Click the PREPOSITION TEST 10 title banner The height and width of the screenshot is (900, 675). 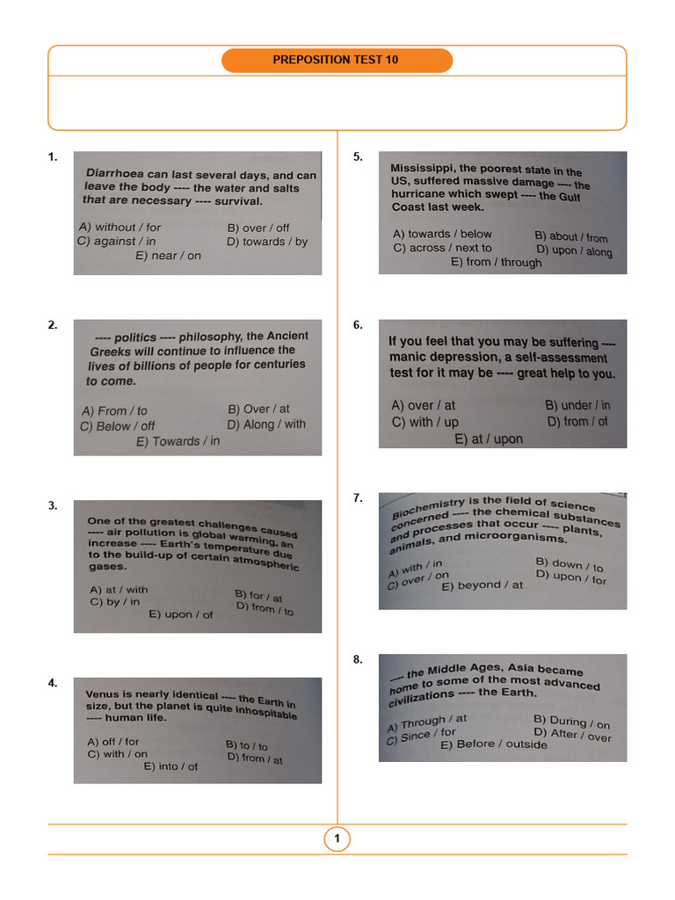click(337, 60)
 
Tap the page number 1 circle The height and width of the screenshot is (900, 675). click(337, 839)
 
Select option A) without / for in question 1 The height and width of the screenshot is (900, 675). click(120, 227)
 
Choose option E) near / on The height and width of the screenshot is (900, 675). click(168, 256)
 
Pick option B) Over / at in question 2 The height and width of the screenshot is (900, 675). click(258, 409)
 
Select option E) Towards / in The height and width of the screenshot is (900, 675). click(178, 441)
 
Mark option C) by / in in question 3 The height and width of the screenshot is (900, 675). click(114, 602)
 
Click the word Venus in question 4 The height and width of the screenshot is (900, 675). click(102, 693)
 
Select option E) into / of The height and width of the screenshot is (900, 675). click(171, 766)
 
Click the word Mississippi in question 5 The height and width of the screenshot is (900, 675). click(423, 167)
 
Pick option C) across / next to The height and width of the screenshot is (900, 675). click(442, 248)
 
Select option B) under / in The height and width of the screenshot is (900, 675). click(577, 405)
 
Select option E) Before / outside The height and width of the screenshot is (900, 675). click(493, 744)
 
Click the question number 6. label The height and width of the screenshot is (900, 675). click(358, 324)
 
